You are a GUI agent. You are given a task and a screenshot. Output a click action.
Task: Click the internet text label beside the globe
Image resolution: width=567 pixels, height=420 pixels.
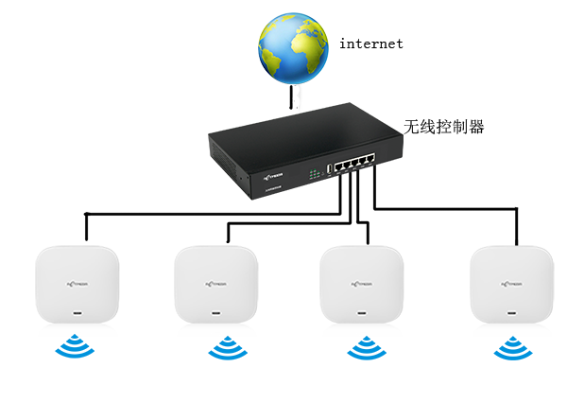pos(371,44)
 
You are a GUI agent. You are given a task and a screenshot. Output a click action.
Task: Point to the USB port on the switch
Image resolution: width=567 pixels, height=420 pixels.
pos(329,168)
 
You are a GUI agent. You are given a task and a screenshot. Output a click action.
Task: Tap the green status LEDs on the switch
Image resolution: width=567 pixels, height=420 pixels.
pos(314,173)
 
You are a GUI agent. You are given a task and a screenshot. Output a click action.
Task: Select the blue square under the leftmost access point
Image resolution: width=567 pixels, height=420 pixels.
pos(75,348)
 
